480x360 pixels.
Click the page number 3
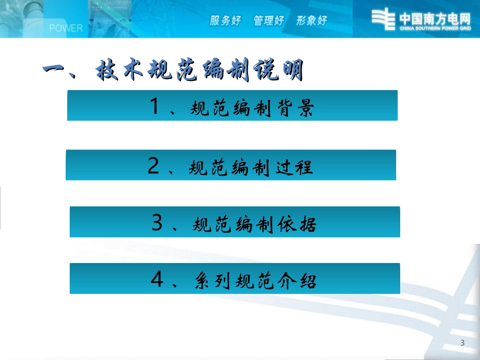[463, 343]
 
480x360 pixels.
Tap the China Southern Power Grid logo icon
[383, 19]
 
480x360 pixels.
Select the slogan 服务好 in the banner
[225, 21]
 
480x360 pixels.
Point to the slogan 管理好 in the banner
[269, 21]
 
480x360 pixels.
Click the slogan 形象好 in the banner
[312, 21]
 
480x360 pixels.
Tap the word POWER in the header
[66, 28]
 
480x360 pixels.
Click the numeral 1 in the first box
[155, 107]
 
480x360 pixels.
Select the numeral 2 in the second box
[153, 166]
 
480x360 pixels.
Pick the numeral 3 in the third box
[157, 223]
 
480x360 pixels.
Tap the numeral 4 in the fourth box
[157, 279]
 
